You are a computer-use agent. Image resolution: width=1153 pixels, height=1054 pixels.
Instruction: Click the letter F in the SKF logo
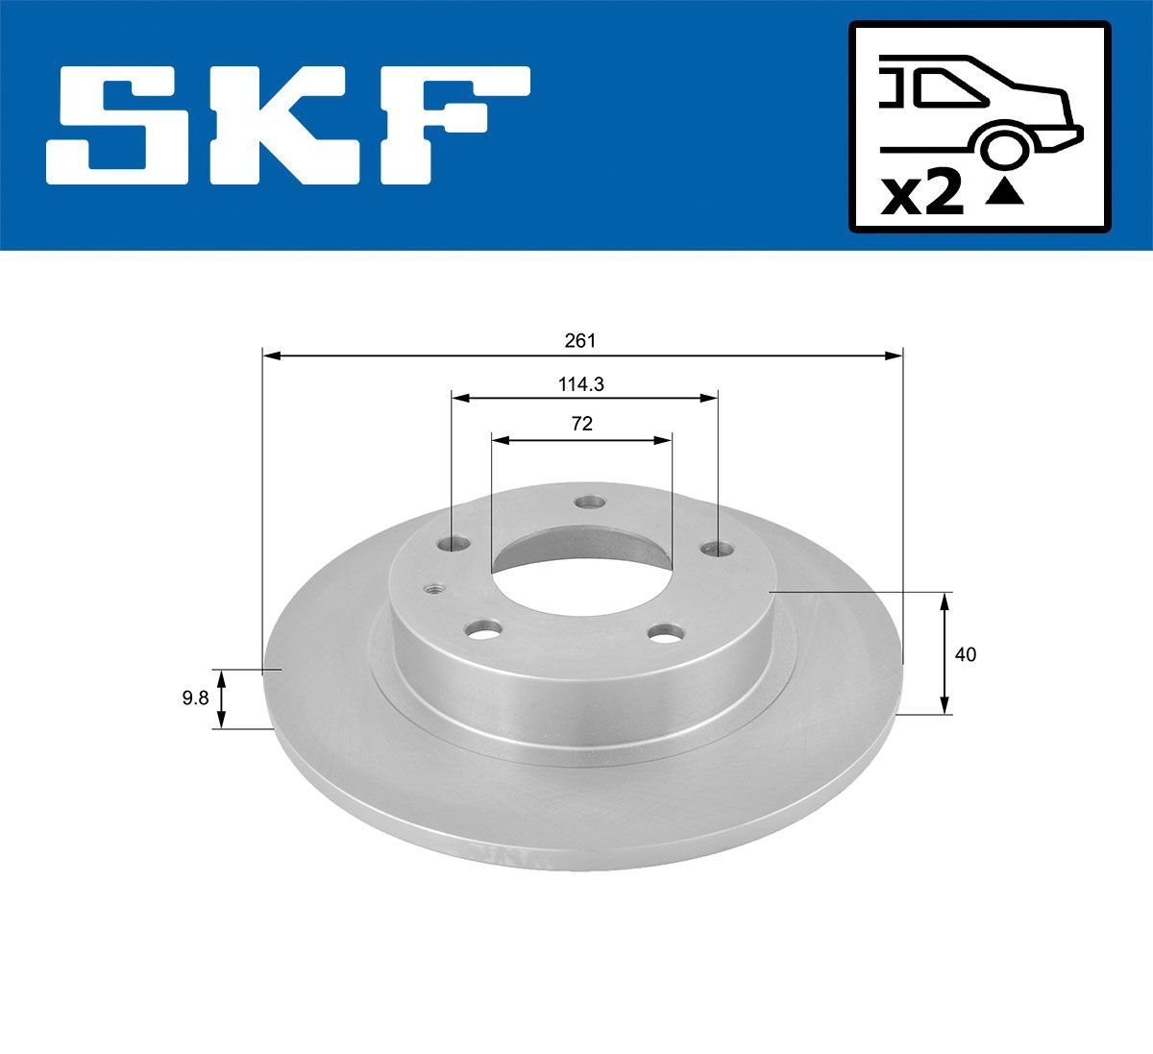452,125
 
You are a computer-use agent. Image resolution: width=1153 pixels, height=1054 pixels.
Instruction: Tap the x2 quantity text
922,195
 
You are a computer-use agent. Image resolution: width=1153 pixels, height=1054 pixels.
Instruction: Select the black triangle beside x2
1004,195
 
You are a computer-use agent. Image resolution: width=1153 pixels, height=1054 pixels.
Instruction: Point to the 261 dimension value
580,340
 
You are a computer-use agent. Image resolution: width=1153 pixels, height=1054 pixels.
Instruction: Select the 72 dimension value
580,424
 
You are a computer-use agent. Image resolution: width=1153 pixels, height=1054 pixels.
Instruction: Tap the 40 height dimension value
966,654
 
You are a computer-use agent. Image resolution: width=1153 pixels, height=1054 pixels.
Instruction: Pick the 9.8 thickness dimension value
195,699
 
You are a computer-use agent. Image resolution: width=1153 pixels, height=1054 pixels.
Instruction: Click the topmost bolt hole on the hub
588,502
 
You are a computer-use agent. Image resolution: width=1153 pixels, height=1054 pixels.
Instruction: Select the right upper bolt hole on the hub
715,549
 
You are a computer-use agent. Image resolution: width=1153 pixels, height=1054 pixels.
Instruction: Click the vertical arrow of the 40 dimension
944,653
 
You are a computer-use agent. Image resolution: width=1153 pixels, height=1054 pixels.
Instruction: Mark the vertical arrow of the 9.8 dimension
222,699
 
